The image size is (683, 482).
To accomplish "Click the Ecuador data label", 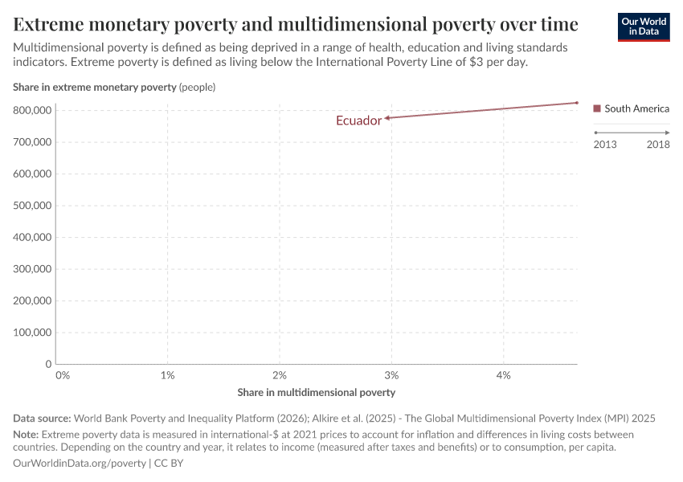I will click(358, 121).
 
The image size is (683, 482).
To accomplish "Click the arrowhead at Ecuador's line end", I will click(386, 118).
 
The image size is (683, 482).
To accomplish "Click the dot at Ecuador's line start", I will click(576, 103).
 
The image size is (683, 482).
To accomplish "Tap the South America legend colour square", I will click(596, 108).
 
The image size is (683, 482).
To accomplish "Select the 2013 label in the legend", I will click(606, 145).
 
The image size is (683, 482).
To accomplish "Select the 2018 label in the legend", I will click(658, 145).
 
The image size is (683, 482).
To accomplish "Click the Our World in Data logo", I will click(643, 26).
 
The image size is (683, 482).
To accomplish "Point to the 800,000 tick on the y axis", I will click(33, 110).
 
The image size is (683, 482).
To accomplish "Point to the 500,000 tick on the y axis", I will click(33, 206).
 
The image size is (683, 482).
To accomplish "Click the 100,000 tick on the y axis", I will click(33, 333).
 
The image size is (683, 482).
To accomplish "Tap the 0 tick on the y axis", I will click(48, 364).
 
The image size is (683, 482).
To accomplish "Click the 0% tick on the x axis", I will click(63, 375).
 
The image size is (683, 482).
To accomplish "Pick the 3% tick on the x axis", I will click(391, 375).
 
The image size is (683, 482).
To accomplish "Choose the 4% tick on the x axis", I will click(504, 375).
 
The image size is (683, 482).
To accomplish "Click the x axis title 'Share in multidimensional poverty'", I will click(317, 393).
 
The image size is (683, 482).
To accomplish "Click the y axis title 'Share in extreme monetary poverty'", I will click(95, 87).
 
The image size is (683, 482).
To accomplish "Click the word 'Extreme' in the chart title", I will click(52, 23).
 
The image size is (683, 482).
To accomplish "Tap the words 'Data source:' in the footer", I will click(42, 419).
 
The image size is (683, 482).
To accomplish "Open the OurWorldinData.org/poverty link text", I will click(80, 464).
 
